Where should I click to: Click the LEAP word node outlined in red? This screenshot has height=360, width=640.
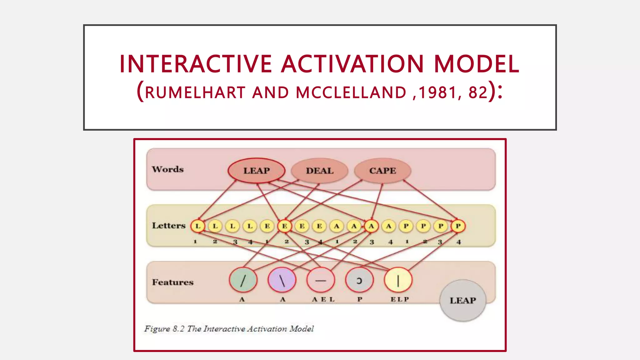(x=257, y=171)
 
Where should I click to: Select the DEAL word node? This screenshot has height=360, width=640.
(x=320, y=171)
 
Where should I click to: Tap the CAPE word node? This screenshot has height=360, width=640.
(x=382, y=171)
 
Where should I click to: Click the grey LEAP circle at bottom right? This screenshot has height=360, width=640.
(x=463, y=300)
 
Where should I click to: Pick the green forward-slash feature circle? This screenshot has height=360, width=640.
(x=243, y=280)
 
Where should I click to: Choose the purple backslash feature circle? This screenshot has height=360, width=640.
(x=282, y=280)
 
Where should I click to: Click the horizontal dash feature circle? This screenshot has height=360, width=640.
(x=321, y=280)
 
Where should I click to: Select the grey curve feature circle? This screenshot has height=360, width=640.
(x=359, y=280)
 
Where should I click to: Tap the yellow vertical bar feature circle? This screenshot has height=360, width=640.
(x=398, y=280)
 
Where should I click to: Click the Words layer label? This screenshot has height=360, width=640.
(x=168, y=169)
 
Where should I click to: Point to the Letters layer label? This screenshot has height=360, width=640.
(x=169, y=226)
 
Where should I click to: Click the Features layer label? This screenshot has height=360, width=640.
(x=173, y=282)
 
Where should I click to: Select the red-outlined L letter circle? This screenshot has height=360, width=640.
(x=198, y=226)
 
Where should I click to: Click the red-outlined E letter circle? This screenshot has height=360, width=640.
(x=285, y=226)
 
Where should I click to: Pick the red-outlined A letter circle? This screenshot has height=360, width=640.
(x=371, y=226)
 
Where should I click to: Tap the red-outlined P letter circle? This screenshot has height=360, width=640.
(x=458, y=226)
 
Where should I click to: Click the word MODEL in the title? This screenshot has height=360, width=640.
(x=477, y=64)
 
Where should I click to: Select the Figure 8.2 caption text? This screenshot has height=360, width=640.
(x=229, y=329)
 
